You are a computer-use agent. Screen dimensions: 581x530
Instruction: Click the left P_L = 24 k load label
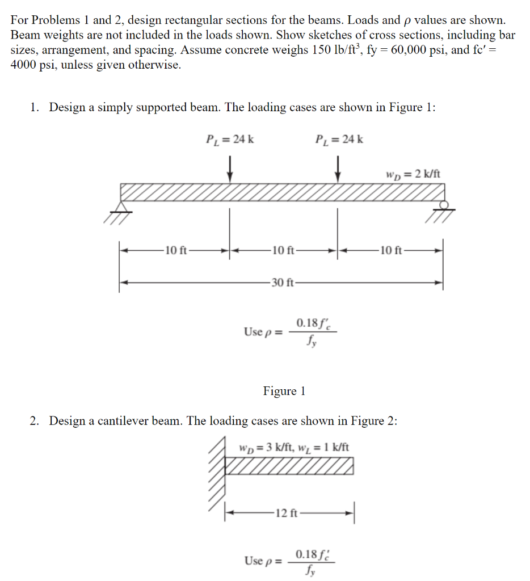[229, 139]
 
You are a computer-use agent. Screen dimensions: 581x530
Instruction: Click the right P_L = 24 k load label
[339, 139]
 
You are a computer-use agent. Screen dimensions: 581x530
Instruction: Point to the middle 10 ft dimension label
[283, 250]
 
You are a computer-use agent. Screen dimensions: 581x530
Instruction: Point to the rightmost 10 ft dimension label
[391, 250]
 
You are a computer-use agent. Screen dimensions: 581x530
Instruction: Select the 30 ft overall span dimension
[282, 283]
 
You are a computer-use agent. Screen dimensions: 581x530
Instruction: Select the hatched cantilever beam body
[289, 466]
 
